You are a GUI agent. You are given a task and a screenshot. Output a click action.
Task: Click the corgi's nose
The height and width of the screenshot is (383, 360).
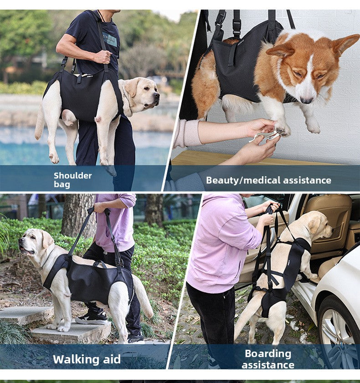tap(307, 100)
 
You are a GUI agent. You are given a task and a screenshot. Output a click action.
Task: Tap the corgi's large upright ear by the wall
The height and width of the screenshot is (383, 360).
tap(345, 45)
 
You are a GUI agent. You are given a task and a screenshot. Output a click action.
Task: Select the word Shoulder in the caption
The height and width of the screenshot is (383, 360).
tap(72, 175)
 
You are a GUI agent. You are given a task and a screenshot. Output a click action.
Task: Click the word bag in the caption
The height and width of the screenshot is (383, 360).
tap(62, 184)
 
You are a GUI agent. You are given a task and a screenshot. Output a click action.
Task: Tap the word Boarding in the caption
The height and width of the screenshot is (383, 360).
tap(268, 353)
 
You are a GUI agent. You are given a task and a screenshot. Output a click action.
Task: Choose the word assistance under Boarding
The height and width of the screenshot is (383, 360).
tap(268, 365)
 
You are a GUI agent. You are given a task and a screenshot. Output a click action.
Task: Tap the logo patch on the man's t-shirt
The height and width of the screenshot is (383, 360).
tap(109, 39)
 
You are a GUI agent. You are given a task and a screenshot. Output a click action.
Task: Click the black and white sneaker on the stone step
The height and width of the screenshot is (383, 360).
tap(91, 318)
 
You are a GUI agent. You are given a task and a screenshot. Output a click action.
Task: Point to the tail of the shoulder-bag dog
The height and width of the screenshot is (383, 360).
tap(40, 122)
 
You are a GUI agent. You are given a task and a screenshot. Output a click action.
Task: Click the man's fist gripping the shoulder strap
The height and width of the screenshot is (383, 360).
tap(103, 57)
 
